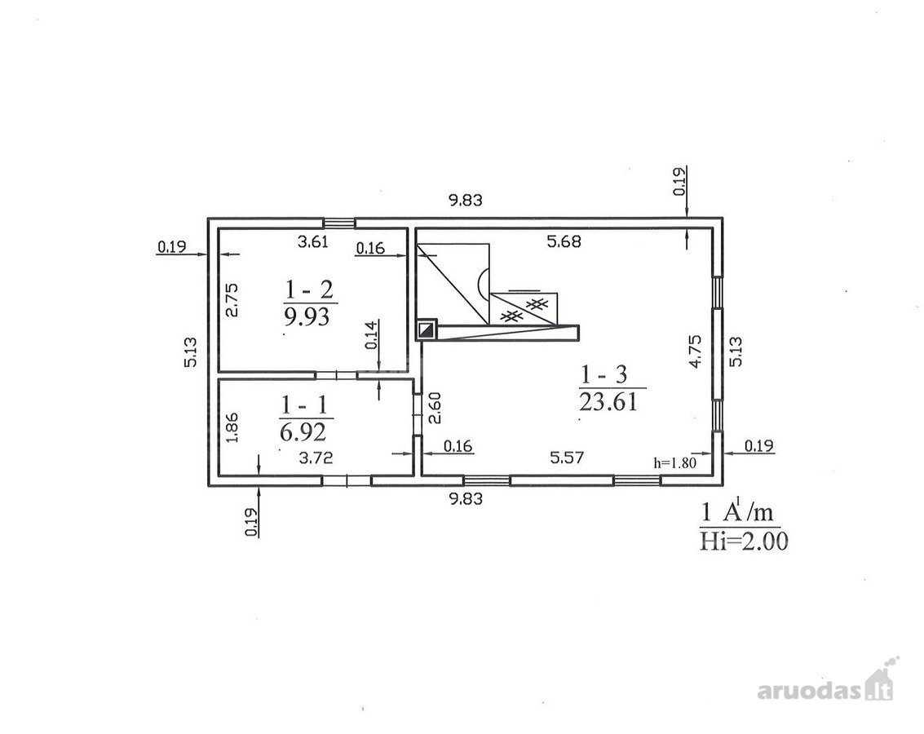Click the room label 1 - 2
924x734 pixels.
pyautogui.click(x=309, y=290)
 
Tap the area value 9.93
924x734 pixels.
pyautogui.click(x=307, y=317)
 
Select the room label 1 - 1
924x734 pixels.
pyautogui.click(x=304, y=405)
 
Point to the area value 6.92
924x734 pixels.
pyautogui.click(x=303, y=432)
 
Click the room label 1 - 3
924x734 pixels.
pyautogui.click(x=604, y=374)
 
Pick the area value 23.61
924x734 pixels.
pyautogui.click(x=608, y=402)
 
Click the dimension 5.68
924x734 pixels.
pyautogui.click(x=564, y=241)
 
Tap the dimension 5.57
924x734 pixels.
pyautogui.click(x=567, y=458)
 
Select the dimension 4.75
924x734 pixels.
pyautogui.click(x=696, y=351)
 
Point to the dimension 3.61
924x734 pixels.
pyautogui.click(x=313, y=241)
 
